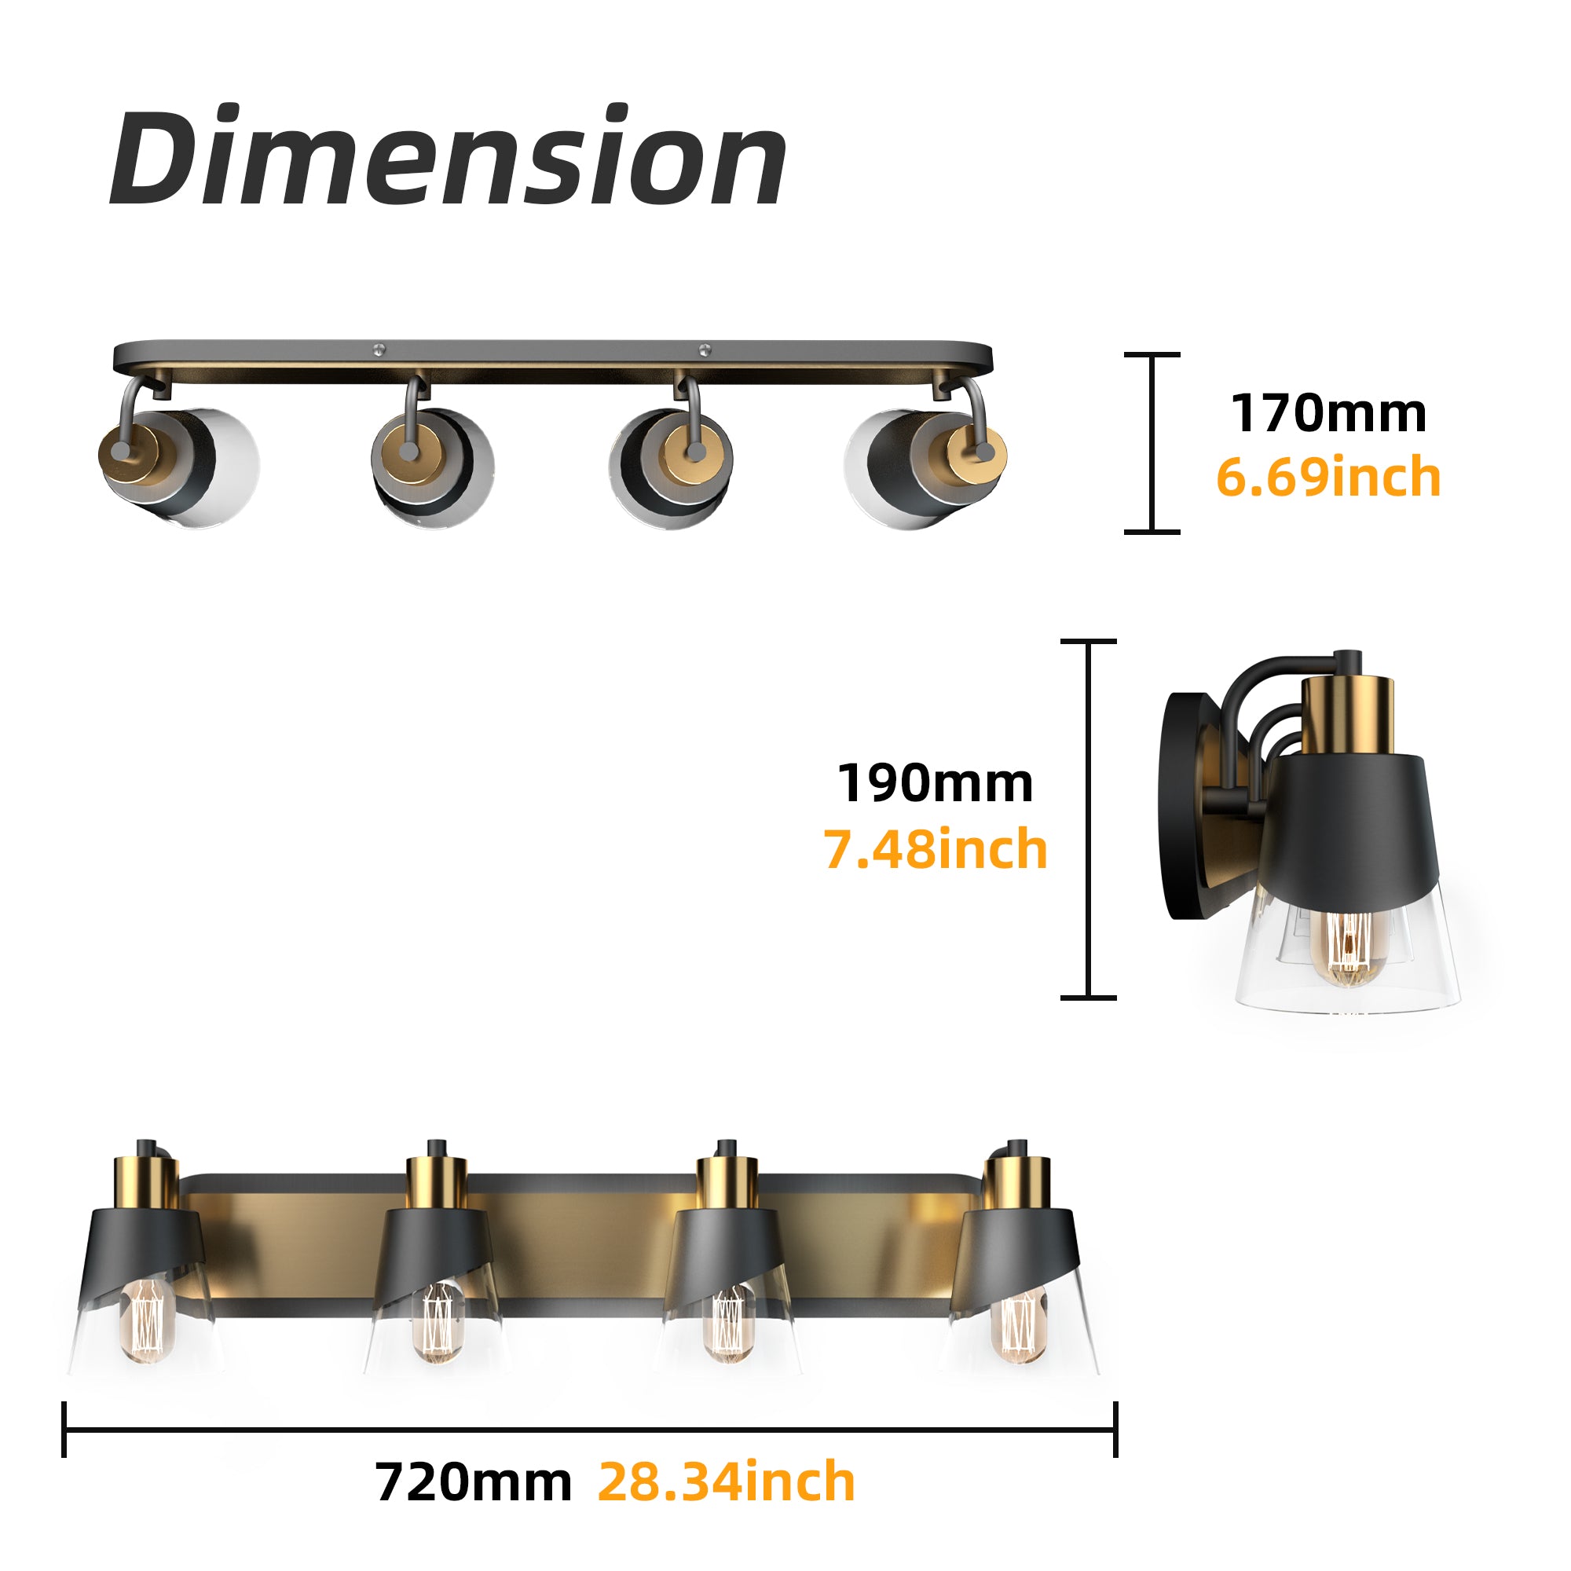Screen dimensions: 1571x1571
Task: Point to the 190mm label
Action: point(935,783)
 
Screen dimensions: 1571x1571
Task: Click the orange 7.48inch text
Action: point(935,849)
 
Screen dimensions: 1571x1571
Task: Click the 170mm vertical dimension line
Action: point(1152,443)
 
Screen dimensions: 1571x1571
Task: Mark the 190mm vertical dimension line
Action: point(1089,818)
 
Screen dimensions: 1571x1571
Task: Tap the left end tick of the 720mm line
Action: point(64,1430)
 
